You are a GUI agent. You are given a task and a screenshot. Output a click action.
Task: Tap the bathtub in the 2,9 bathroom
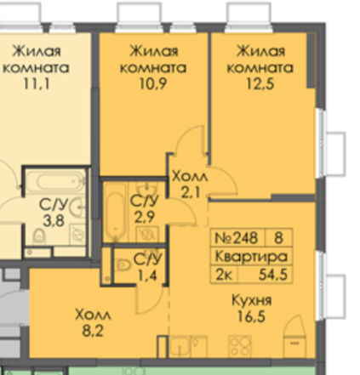coord(114,213)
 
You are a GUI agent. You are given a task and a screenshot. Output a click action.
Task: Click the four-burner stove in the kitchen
coord(237,344)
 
